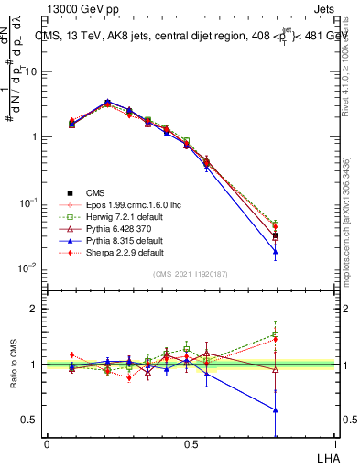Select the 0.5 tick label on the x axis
[191, 444]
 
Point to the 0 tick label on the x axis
[48, 444]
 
